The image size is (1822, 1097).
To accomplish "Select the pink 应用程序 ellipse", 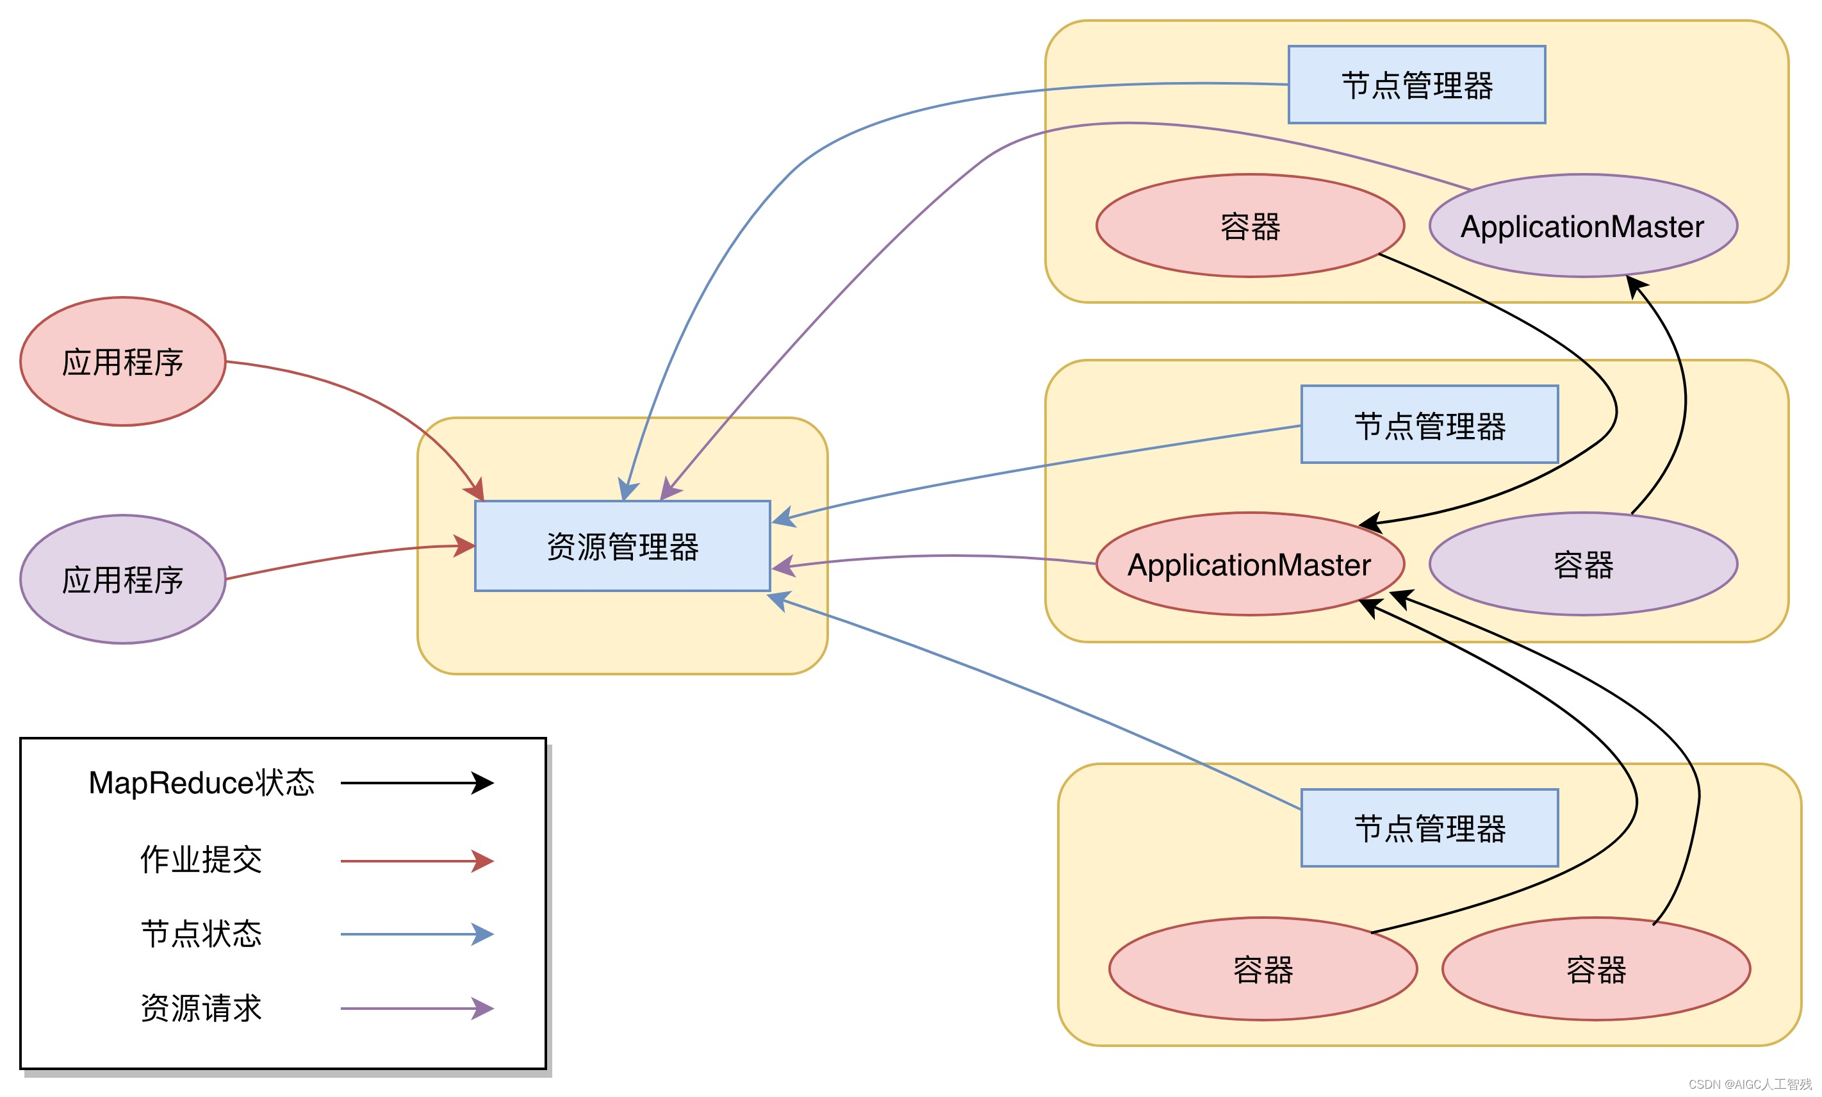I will click(x=122, y=361).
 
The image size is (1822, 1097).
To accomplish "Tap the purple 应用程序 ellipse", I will click(x=122, y=579).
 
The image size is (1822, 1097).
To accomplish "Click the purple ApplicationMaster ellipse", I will click(x=1582, y=226).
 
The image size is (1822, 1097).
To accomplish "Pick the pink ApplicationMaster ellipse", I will click(x=1249, y=564).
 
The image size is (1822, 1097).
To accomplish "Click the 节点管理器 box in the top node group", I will click(x=1416, y=85).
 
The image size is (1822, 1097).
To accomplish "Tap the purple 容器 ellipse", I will click(x=1582, y=564).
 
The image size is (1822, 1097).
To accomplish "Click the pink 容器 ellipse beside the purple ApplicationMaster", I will click(x=1249, y=226).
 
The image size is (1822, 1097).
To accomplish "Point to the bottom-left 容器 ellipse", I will click(x=1262, y=968).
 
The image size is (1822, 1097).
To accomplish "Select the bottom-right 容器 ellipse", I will click(x=1595, y=968).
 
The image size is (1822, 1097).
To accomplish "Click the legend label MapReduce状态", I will click(x=201, y=783).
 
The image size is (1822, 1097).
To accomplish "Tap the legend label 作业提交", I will click(x=201, y=860).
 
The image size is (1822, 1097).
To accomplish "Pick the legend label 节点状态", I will click(x=201, y=934).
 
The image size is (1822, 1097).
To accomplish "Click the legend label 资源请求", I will click(x=201, y=1007).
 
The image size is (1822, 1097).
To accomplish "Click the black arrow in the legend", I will click(x=416, y=783).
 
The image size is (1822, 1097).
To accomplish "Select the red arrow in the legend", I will click(x=416, y=861).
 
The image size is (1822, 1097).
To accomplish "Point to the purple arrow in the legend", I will click(x=416, y=1009).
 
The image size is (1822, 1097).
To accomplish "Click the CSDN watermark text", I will click(x=1750, y=1084).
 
